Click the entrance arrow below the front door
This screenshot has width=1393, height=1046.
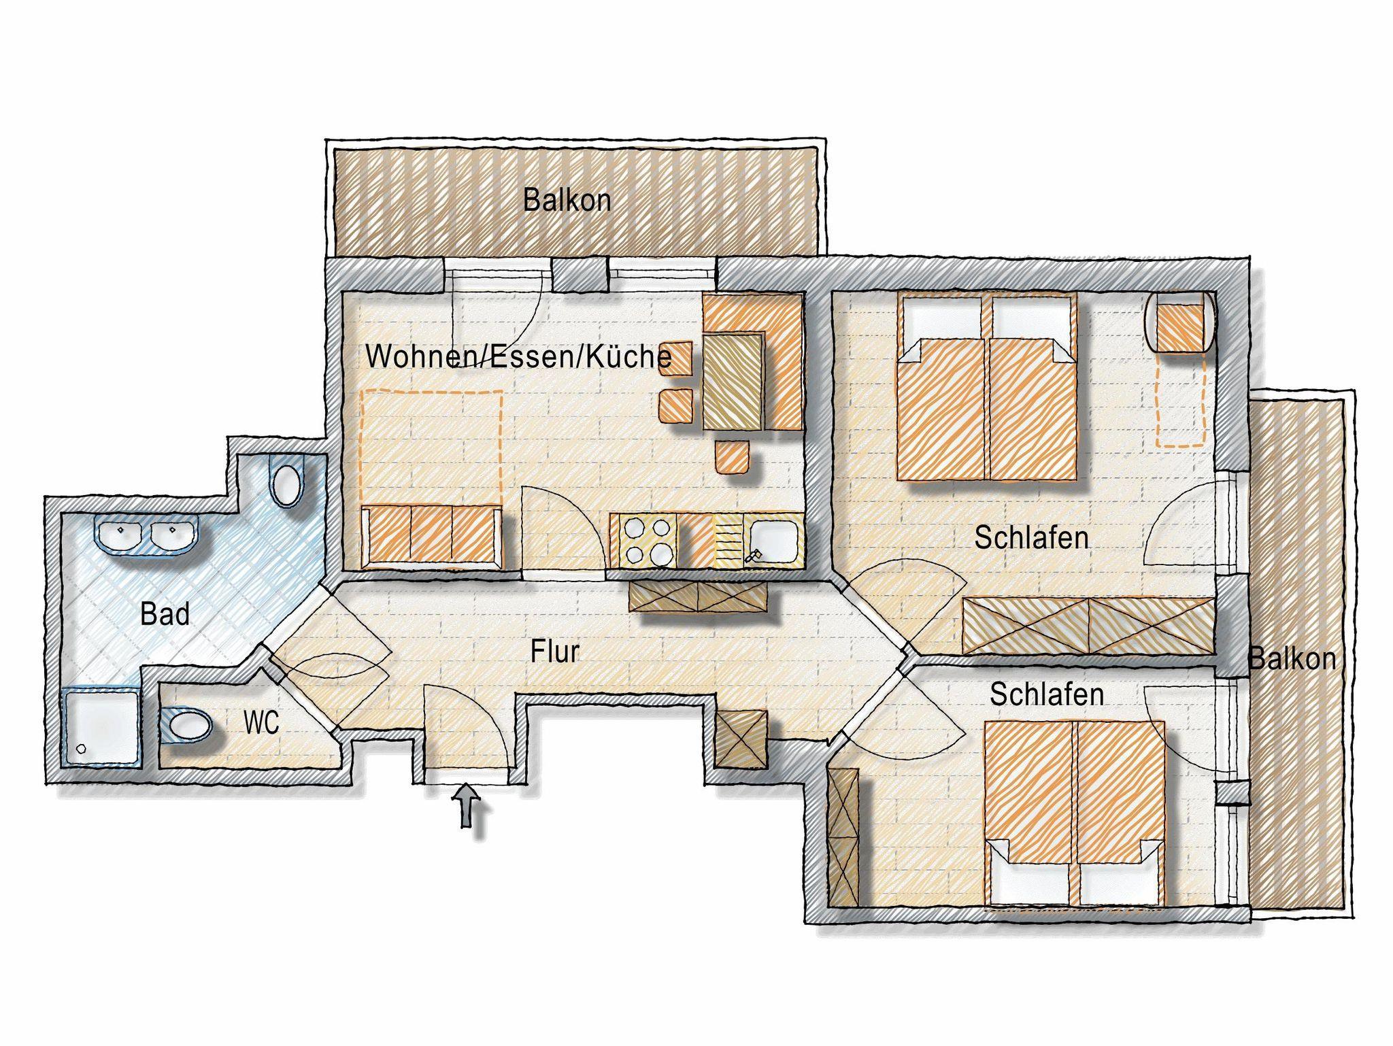(466, 806)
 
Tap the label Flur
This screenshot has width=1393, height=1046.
(555, 652)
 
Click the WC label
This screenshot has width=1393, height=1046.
(261, 723)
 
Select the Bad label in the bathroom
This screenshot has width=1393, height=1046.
(165, 614)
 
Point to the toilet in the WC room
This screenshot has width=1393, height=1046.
(188, 726)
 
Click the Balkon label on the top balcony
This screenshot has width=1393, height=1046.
(567, 201)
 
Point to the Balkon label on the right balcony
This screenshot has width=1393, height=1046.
(1292, 659)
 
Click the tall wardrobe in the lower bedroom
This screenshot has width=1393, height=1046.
(843, 836)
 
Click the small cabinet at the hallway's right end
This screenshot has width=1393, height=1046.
(741, 739)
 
